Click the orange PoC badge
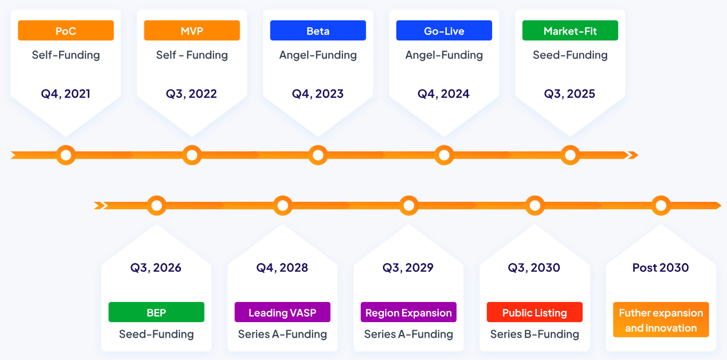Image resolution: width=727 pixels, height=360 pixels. point(66,30)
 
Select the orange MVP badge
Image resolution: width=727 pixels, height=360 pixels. point(192,30)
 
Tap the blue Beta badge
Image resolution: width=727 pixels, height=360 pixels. point(318,30)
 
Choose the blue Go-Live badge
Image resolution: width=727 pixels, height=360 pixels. point(444,30)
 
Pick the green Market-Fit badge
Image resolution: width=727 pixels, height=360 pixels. point(570,30)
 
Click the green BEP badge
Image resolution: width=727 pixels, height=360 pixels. point(157,312)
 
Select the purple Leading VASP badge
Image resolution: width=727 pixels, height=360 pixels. point(282,312)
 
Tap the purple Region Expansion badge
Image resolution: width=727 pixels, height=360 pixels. point(409,312)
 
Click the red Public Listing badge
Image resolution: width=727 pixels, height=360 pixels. point(535,312)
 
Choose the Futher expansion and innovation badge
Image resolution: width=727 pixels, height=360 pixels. point(661,320)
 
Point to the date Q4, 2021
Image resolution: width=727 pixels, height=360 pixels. point(66,94)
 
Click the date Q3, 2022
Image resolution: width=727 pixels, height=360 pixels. point(192,94)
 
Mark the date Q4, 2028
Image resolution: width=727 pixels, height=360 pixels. point(282,268)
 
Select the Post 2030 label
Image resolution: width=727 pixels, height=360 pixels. point(660,267)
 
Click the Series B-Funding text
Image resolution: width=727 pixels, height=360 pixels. point(535,334)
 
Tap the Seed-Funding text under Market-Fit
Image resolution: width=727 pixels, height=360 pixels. point(570,55)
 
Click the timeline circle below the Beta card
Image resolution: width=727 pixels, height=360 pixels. point(318,155)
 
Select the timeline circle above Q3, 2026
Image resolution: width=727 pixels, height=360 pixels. point(157,206)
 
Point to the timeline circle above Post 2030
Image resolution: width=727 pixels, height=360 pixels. point(661,206)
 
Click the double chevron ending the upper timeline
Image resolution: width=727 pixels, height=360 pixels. point(633,155)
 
